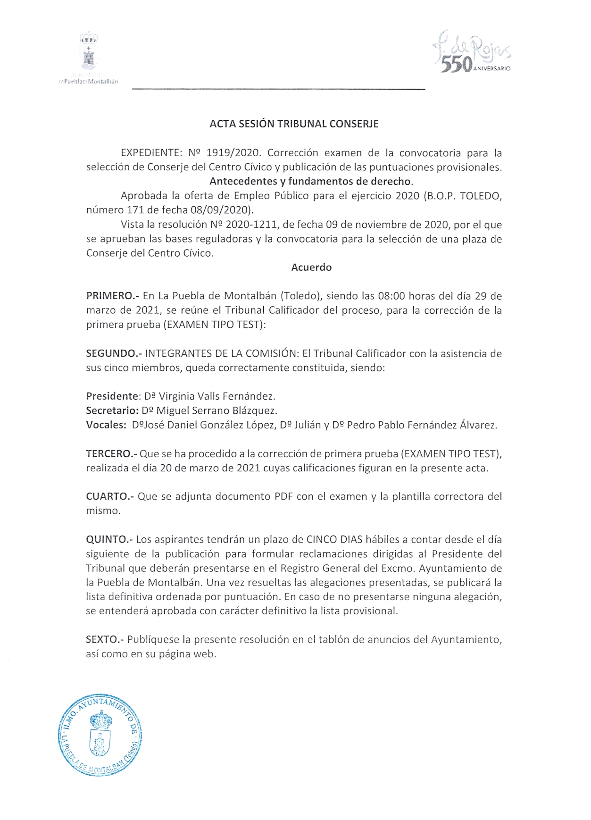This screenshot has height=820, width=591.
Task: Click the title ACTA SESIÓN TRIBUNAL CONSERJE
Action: (294, 124)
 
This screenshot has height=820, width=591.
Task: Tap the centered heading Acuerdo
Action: (311, 268)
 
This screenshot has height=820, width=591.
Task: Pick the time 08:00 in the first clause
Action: (391, 296)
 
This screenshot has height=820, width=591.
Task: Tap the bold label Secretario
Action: (112, 410)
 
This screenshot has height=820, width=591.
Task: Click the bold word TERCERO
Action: (111, 454)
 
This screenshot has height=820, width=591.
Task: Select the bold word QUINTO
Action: (109, 539)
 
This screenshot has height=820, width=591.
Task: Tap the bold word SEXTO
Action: (104, 640)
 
